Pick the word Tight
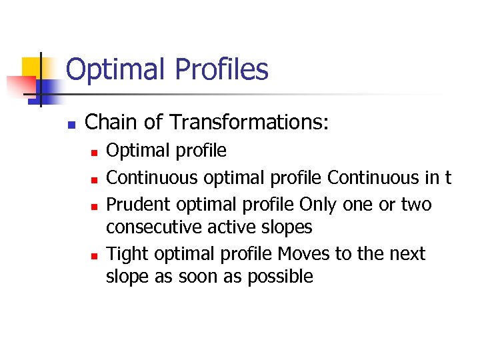click(124, 254)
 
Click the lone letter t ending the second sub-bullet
click(448, 178)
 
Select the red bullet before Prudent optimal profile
click(95, 206)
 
